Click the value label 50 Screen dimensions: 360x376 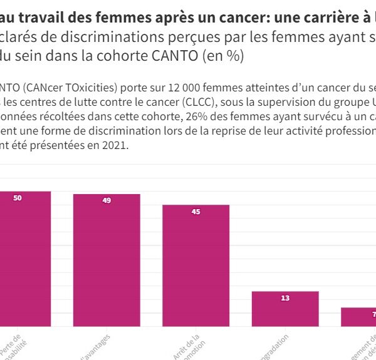(x=18, y=198)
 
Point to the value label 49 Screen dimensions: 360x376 (x=107, y=201)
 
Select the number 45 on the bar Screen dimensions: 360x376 (x=196, y=212)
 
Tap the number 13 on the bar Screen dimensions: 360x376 (x=285, y=298)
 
